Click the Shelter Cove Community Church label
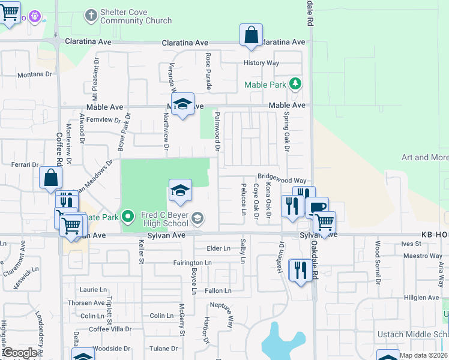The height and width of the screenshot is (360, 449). tap(136, 17)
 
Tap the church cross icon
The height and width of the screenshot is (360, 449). tap(91, 14)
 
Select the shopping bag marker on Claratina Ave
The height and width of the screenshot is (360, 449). tap(251, 35)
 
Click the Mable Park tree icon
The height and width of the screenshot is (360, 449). tap(295, 84)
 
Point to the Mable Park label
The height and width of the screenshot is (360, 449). tap(265, 85)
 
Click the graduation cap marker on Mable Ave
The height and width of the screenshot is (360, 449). tap(182, 104)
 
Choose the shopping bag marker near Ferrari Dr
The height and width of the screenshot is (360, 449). tap(51, 178)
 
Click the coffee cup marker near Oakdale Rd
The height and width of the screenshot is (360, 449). tap(318, 208)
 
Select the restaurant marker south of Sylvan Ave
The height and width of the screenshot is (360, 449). tap(300, 269)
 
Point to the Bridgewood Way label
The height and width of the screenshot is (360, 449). tap(282, 180)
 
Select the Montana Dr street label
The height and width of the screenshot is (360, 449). tap(35, 74)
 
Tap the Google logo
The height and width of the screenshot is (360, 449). tap(20, 353)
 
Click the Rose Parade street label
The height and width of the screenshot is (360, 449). tap(209, 71)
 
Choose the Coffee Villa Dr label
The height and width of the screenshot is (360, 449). tap(110, 329)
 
